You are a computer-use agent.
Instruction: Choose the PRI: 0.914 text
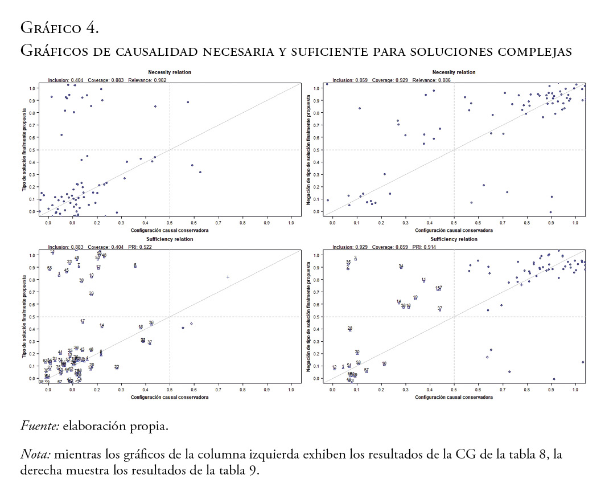(x=422, y=247)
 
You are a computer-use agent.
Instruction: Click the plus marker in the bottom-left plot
(x=228, y=277)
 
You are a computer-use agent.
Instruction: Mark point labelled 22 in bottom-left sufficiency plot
(x=117, y=367)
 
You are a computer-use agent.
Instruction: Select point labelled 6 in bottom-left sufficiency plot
(x=135, y=266)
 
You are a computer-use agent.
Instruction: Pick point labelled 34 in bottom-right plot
(x=401, y=267)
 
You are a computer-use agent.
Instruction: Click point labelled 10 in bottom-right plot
(x=384, y=363)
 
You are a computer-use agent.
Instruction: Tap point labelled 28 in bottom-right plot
(x=350, y=329)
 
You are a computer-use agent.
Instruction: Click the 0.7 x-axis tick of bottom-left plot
(x=219, y=390)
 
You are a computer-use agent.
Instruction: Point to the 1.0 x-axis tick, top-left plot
(x=291, y=223)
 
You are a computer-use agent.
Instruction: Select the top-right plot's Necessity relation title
(x=454, y=72)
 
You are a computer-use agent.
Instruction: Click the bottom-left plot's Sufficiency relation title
(x=170, y=239)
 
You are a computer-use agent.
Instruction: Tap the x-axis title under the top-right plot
(x=454, y=230)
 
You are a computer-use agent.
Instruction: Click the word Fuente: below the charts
(x=40, y=426)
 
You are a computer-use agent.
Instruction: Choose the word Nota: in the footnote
(x=35, y=455)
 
